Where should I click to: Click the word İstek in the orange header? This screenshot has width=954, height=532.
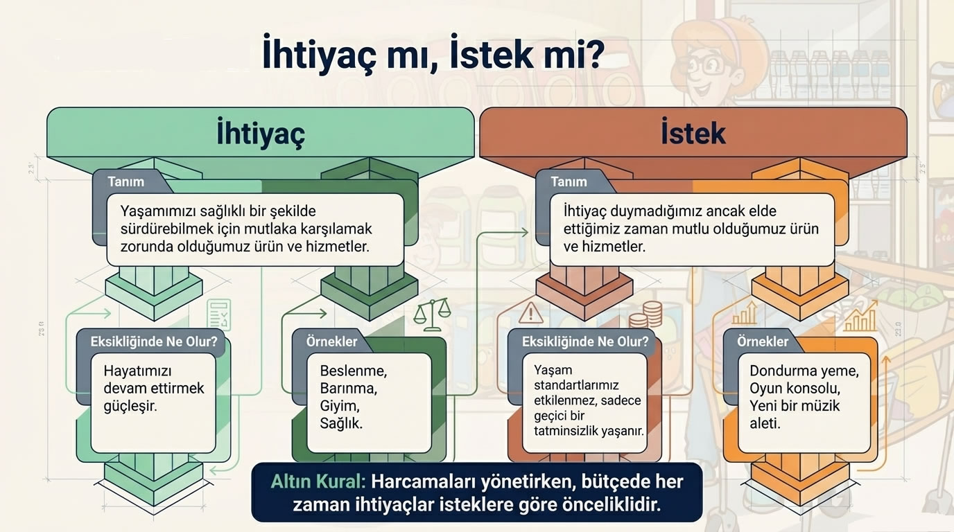pyautogui.click(x=693, y=133)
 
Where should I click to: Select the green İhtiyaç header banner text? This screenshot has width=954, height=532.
pyautogui.click(x=260, y=133)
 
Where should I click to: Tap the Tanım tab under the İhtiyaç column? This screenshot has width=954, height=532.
pyautogui.click(x=126, y=181)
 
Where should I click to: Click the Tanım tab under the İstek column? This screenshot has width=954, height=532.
pyautogui.click(x=569, y=181)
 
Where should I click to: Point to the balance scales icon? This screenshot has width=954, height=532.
pyautogui.click(x=431, y=314)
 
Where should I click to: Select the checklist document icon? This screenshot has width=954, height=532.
pyautogui.click(x=218, y=315)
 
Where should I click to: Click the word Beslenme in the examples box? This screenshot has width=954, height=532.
pyautogui.click(x=353, y=371)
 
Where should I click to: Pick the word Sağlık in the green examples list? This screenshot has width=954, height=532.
pyautogui.click(x=341, y=423)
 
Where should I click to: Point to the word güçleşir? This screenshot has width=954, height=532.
pyautogui.click(x=130, y=405)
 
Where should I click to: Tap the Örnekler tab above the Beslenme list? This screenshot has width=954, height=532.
pyautogui.click(x=332, y=342)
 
